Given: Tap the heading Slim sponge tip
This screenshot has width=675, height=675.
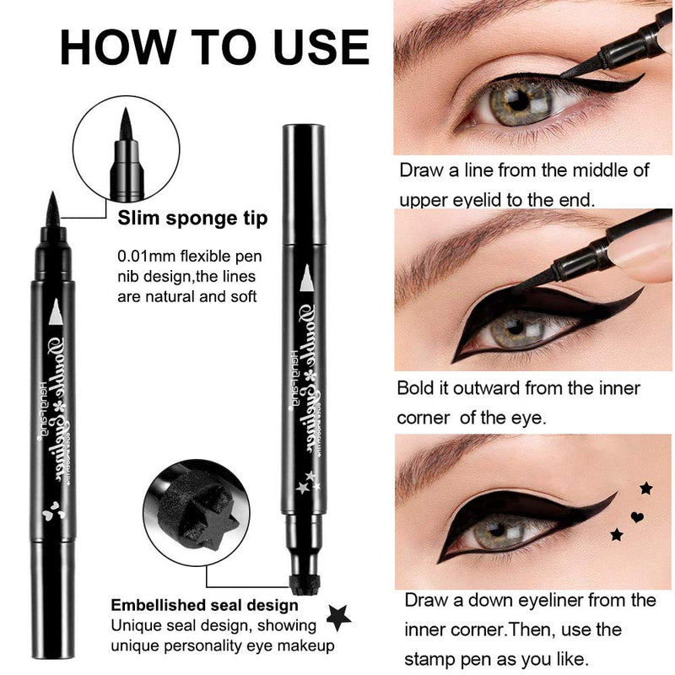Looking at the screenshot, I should pos(193,219).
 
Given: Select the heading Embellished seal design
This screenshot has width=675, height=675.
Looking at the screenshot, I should pos(204,605).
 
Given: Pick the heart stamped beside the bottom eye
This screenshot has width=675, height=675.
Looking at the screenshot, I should pos(637,515).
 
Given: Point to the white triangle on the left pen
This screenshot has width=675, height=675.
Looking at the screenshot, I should pos(56,313).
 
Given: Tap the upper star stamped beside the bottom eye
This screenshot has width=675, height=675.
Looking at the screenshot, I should pos(645,489).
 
